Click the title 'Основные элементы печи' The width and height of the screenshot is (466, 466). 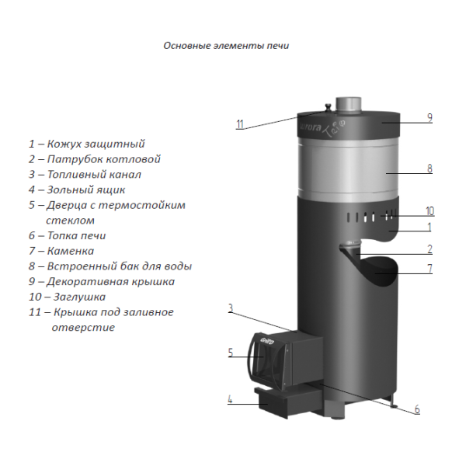226,46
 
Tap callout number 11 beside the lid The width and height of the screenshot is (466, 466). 240,124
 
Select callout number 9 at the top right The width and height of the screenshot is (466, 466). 429,118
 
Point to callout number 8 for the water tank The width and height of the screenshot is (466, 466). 429,169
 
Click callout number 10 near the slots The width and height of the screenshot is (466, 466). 429,211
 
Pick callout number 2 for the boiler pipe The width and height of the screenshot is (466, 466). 429,249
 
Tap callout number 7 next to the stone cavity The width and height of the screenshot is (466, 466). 429,268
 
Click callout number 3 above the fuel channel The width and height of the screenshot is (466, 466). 231,308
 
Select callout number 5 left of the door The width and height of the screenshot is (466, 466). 231,353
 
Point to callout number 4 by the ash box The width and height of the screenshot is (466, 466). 230,399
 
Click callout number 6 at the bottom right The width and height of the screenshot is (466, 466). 417,409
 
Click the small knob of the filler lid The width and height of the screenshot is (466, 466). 328,107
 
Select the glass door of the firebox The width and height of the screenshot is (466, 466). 264,361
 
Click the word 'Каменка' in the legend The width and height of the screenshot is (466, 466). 71,251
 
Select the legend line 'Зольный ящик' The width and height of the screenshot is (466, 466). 77,190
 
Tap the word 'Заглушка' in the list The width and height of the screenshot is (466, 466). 80,297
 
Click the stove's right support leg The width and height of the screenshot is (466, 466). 394,400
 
